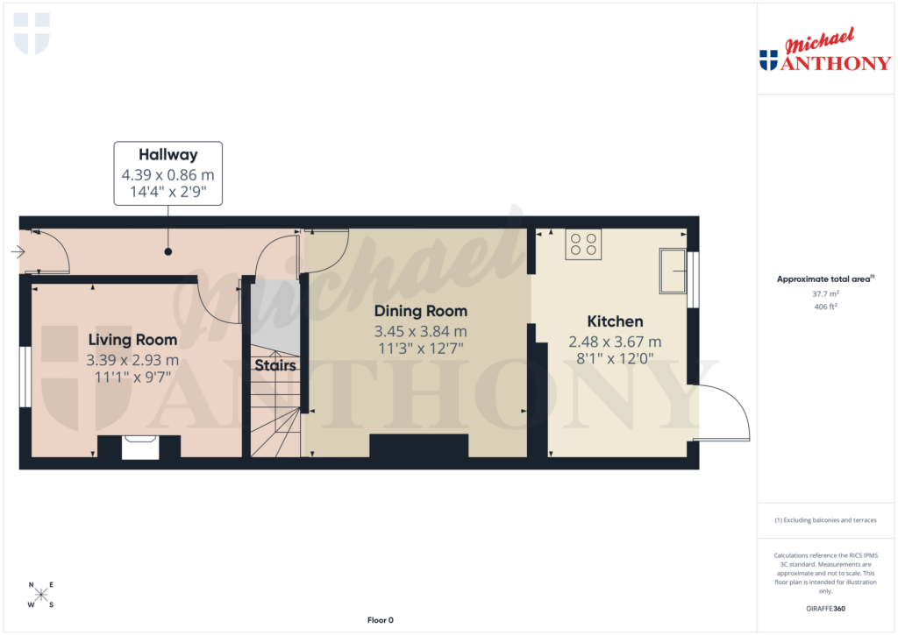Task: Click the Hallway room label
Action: point(167,155)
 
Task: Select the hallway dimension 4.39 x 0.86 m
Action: point(167,174)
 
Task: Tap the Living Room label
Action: point(132,340)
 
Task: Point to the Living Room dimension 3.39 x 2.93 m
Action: point(132,360)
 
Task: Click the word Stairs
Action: point(274,365)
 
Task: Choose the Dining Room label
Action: point(420,311)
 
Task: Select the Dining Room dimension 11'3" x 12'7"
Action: point(420,349)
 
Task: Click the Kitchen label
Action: point(615,321)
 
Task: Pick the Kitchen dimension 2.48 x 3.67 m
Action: point(615,342)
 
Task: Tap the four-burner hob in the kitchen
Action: point(584,243)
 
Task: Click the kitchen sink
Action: point(673,270)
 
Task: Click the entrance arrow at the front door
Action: point(18,252)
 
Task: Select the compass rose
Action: point(41,595)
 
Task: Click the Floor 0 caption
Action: point(380,620)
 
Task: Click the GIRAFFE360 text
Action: point(824,608)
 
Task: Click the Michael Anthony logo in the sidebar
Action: point(824,53)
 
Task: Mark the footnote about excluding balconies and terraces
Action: point(824,520)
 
